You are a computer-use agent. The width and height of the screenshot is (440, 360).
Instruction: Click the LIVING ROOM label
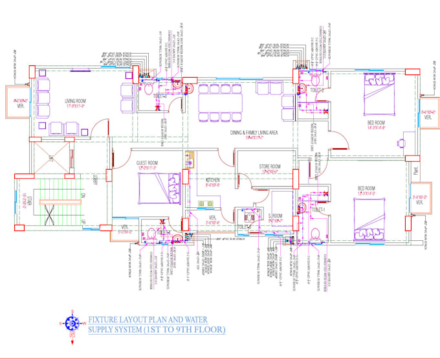[78, 100]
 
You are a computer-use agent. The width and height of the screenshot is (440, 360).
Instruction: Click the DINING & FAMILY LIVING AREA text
[254, 132]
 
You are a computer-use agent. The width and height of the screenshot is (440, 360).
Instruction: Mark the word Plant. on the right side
[417, 172]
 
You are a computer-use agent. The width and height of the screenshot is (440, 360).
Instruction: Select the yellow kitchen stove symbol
[190, 159]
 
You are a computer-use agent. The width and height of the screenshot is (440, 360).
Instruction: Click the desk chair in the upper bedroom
[402, 141]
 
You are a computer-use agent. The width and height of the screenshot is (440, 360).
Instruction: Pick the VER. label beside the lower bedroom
[419, 202]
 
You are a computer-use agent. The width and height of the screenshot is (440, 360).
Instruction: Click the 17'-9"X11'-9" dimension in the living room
[78, 106]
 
